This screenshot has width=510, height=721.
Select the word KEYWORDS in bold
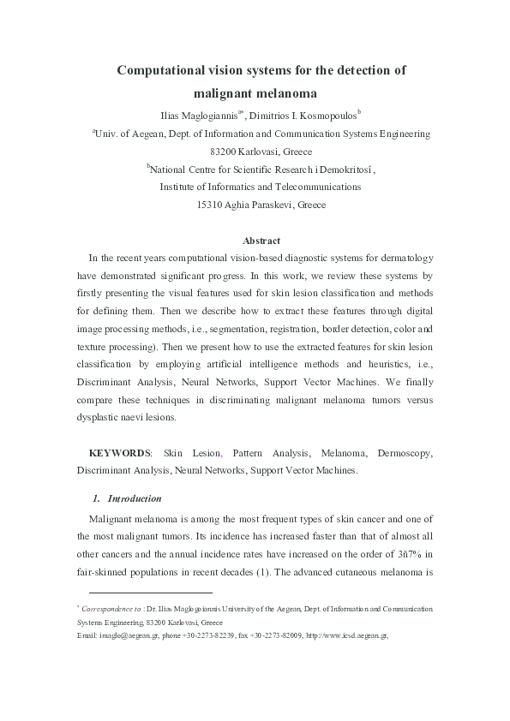coord(120,452)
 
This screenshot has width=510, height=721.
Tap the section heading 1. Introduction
coord(127,498)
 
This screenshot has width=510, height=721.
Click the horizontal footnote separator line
coord(151,592)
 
